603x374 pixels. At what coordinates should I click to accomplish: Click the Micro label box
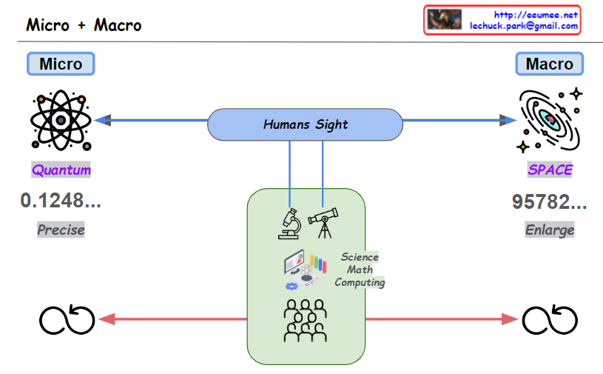point(61,64)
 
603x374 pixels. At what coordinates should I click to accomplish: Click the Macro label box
point(549,64)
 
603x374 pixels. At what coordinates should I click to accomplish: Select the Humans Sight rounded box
point(305,124)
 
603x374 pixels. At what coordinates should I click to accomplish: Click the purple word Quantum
point(61,170)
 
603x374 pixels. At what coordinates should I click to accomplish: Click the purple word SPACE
point(550,170)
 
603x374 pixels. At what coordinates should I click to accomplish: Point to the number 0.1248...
point(61,201)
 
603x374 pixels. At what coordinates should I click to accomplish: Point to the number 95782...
point(549,202)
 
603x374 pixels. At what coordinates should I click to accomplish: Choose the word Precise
point(61,230)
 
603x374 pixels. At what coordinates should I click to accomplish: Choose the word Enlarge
point(550,230)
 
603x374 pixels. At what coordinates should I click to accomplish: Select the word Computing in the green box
point(360,282)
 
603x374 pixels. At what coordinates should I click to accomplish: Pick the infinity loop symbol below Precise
point(67,319)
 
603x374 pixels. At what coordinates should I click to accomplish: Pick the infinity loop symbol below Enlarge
point(550,319)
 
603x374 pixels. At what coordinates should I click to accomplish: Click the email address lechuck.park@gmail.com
point(524,26)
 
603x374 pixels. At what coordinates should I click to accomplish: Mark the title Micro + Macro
point(84,24)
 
